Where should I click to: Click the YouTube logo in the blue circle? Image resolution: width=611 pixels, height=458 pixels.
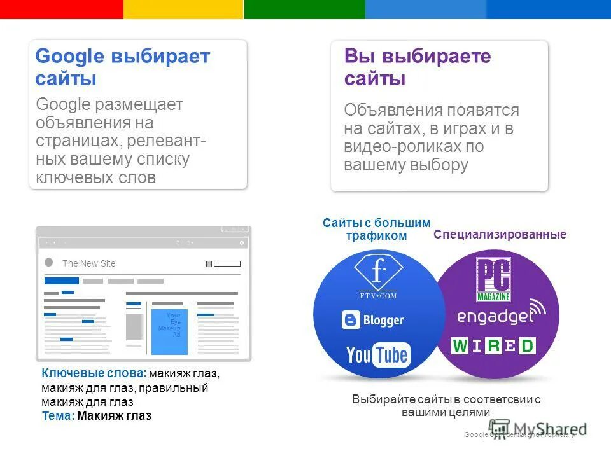[x=378, y=354]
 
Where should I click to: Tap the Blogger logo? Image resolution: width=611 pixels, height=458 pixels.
[x=373, y=319]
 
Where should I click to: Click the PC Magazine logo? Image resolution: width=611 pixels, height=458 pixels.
[x=493, y=279]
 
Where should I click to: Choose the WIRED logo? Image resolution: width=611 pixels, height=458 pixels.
[x=493, y=346]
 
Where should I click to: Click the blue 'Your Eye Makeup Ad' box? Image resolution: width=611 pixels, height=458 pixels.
[x=169, y=331]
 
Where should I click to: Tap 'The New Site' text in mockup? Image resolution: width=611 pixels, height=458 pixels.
[x=89, y=263]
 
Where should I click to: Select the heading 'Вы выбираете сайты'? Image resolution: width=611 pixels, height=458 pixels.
[x=418, y=67]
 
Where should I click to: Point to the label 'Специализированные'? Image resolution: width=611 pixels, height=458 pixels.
[x=500, y=235]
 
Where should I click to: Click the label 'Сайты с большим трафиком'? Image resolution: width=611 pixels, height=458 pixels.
[x=376, y=229]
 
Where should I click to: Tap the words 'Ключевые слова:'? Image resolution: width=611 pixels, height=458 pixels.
[x=94, y=373]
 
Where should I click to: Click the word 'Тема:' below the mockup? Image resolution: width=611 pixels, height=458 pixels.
[x=58, y=416]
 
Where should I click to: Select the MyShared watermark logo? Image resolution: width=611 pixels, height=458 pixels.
[x=538, y=429]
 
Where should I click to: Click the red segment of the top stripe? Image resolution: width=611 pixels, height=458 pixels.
[x=61, y=9]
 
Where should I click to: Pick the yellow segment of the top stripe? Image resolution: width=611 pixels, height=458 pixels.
[x=183, y=9]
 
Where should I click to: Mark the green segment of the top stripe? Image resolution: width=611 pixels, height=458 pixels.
[x=304, y=9]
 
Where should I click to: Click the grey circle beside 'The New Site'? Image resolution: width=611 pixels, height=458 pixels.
[x=49, y=263]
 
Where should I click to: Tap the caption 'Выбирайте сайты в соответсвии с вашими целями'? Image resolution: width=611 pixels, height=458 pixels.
[x=446, y=405]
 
